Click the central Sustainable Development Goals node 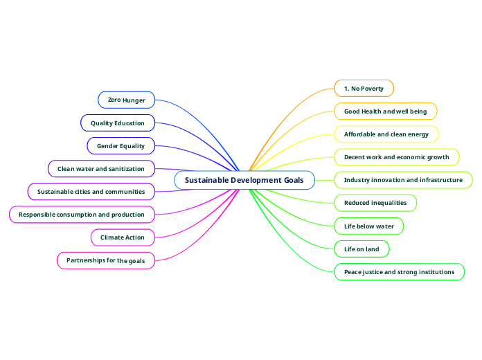click(244, 180)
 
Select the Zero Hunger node click(126, 100)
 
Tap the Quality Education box click(118, 123)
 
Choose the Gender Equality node click(120, 146)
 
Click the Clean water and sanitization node click(101, 168)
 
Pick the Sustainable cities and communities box click(91, 191)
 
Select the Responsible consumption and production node click(82, 215)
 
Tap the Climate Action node click(123, 237)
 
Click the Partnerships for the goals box click(105, 260)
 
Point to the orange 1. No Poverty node click(364, 88)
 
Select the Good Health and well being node click(386, 111)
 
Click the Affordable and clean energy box click(386, 134)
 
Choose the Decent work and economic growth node click(396, 157)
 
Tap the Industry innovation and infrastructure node click(403, 180)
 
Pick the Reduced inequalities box click(375, 203)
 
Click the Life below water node click(368, 226)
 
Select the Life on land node click(361, 249)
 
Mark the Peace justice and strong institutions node click(399, 272)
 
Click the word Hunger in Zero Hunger click(134, 100)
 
